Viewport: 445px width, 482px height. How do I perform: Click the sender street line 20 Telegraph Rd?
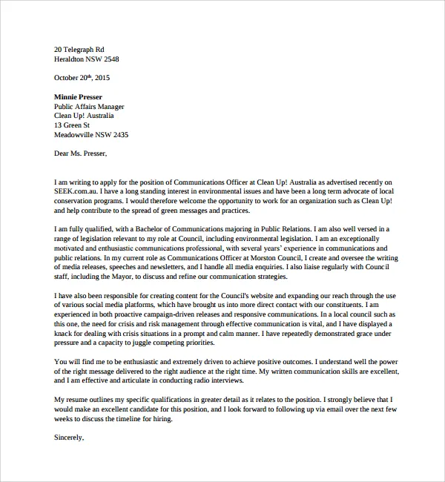(85, 47)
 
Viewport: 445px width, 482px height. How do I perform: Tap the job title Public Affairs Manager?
(89, 106)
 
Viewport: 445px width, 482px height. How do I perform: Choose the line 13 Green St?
(72, 125)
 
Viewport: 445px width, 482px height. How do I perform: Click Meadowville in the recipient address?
(77, 135)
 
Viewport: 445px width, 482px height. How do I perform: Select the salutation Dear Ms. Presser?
(80, 154)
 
